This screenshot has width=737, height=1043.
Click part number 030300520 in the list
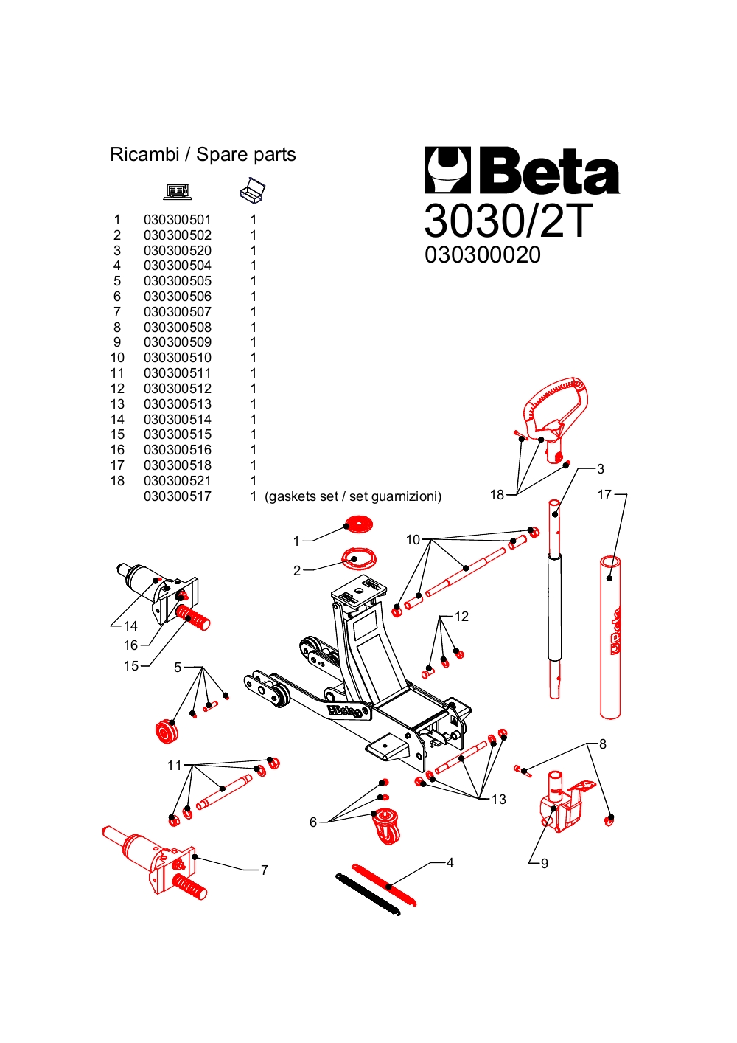(177, 251)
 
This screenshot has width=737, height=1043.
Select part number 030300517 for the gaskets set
(177, 496)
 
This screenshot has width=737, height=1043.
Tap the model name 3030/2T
(508, 220)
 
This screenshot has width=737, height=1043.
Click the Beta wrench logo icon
(447, 170)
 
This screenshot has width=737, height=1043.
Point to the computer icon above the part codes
(178, 192)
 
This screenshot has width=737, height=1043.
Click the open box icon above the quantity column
(252, 190)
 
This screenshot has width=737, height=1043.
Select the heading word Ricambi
(144, 155)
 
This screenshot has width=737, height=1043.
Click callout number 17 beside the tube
(604, 495)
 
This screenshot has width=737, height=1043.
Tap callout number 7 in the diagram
(265, 870)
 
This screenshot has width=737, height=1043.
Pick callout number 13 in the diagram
(499, 800)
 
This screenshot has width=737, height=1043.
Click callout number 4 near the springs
(450, 863)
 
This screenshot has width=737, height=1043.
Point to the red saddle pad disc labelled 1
(359, 525)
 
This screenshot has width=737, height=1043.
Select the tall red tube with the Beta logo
(610, 639)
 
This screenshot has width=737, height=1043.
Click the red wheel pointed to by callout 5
(167, 731)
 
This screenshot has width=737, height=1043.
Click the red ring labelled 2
(359, 558)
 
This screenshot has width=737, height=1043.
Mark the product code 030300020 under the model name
(483, 255)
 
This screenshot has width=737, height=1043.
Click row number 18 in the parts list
(117, 481)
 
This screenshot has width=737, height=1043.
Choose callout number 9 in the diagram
(545, 864)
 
